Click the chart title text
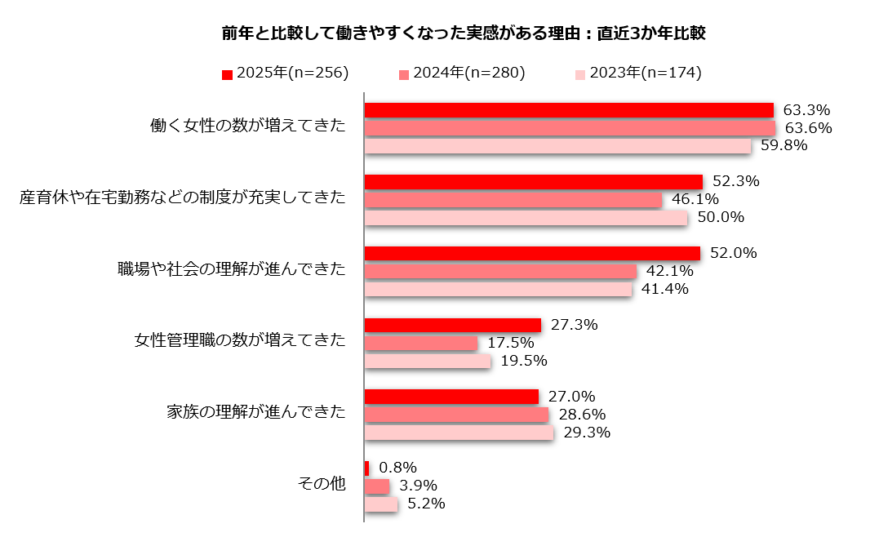(x=463, y=33)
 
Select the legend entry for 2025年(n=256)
(x=285, y=73)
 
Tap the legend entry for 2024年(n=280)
(x=461, y=73)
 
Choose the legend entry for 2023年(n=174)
(x=637, y=73)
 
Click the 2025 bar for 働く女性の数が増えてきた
(x=568, y=110)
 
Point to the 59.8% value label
(x=783, y=146)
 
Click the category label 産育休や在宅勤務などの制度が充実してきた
(x=183, y=198)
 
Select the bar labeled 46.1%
(x=513, y=199)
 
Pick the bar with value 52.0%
(x=531, y=253)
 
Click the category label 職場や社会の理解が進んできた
(x=232, y=270)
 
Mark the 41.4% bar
(x=498, y=289)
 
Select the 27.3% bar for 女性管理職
(x=452, y=325)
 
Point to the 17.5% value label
(x=511, y=343)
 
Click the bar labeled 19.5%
(x=427, y=361)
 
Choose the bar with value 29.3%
(x=459, y=433)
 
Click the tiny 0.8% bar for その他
(x=366, y=468)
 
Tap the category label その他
(x=320, y=485)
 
